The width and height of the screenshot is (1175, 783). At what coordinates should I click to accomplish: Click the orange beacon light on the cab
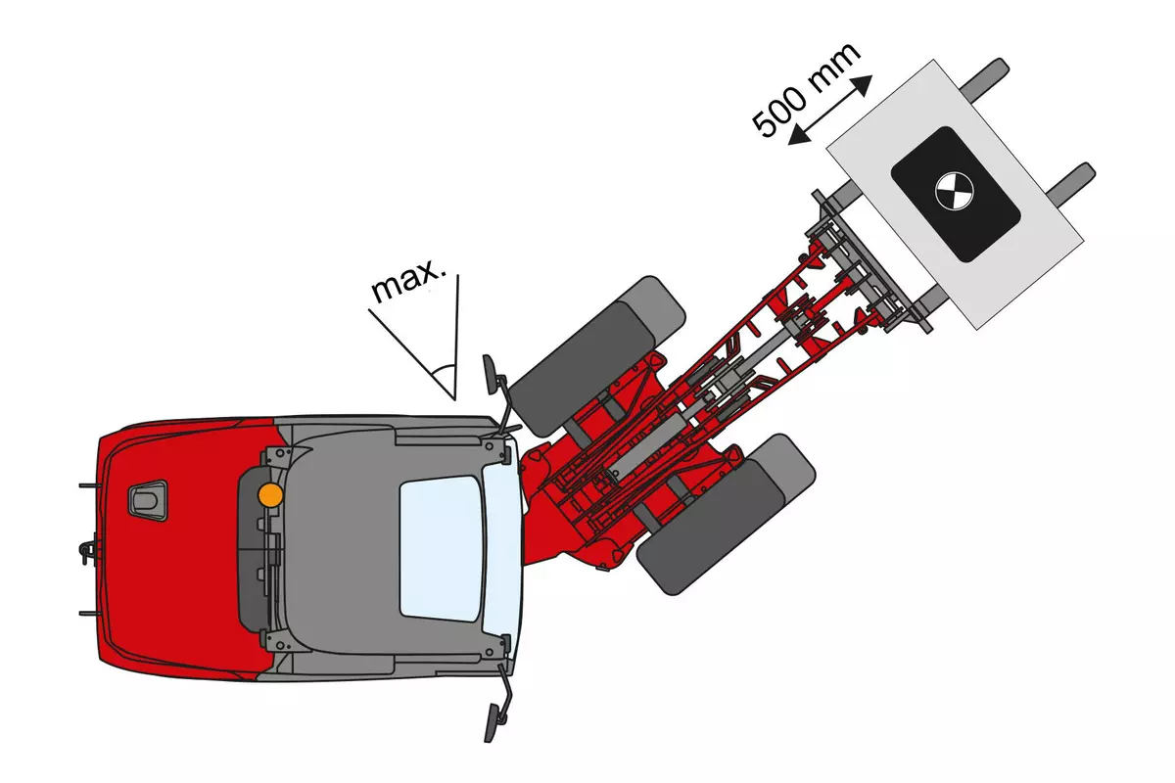[270, 494]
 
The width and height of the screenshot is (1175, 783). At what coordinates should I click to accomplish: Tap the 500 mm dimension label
[806, 89]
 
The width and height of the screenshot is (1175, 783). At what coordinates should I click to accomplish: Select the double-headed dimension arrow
[830, 110]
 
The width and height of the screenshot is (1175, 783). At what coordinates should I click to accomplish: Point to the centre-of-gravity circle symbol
[955, 192]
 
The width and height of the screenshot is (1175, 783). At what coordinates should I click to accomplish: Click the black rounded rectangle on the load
[956, 194]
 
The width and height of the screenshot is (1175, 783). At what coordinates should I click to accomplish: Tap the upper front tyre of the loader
[597, 356]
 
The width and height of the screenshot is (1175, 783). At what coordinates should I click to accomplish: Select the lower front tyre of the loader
[726, 515]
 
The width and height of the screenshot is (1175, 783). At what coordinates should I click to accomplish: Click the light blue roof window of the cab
[442, 548]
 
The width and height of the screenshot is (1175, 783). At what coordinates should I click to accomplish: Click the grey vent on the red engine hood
[148, 500]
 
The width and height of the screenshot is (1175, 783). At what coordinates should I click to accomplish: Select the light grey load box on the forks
[955, 195]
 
